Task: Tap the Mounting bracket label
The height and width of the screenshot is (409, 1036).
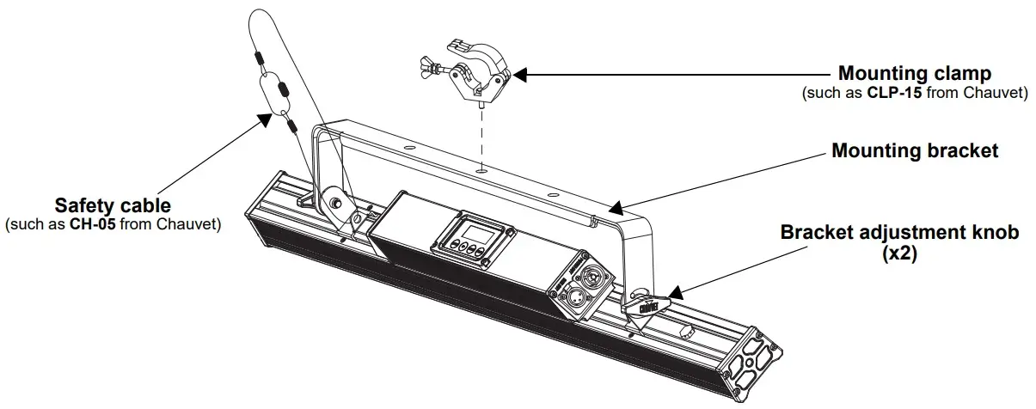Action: pos(915,151)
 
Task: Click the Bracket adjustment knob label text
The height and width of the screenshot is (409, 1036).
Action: pos(899,234)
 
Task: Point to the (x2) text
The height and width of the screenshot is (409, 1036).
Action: pos(899,255)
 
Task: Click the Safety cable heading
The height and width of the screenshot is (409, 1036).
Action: pos(113,206)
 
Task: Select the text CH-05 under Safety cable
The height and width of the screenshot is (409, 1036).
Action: pos(95,225)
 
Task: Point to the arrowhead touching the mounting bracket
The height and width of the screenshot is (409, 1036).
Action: pos(612,207)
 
